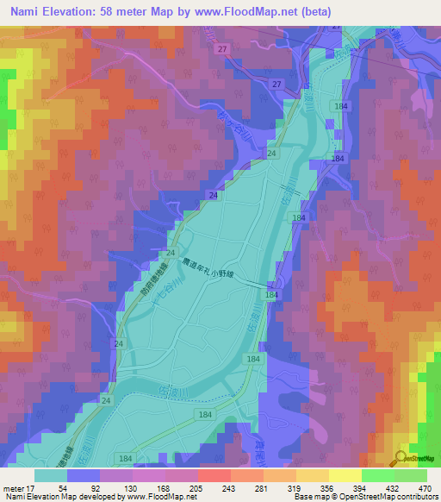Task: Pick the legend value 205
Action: pos(197,488)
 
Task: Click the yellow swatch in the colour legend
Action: pos(345,475)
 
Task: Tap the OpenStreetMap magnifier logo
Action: pos(402,459)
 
